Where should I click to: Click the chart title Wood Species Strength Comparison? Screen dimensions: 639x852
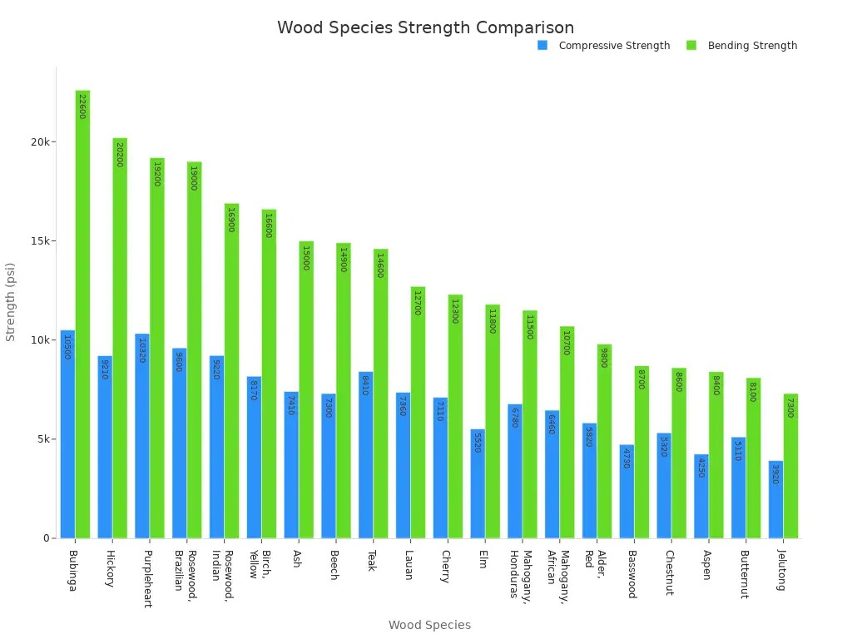tap(425, 27)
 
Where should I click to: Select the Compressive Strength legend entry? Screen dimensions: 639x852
tap(613, 46)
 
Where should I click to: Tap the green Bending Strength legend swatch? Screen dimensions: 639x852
tap(691, 45)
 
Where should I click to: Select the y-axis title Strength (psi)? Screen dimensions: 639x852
tap(11, 301)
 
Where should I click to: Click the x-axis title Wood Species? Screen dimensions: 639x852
tap(429, 625)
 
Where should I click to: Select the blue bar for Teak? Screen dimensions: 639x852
tap(365, 454)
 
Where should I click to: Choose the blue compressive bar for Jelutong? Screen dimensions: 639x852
tap(775, 499)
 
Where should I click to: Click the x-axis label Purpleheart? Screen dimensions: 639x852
tap(147, 578)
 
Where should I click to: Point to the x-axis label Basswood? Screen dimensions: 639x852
tap(632, 574)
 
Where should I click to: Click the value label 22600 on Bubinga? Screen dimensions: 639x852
tap(82, 106)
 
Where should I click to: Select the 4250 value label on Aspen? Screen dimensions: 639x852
tap(701, 467)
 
